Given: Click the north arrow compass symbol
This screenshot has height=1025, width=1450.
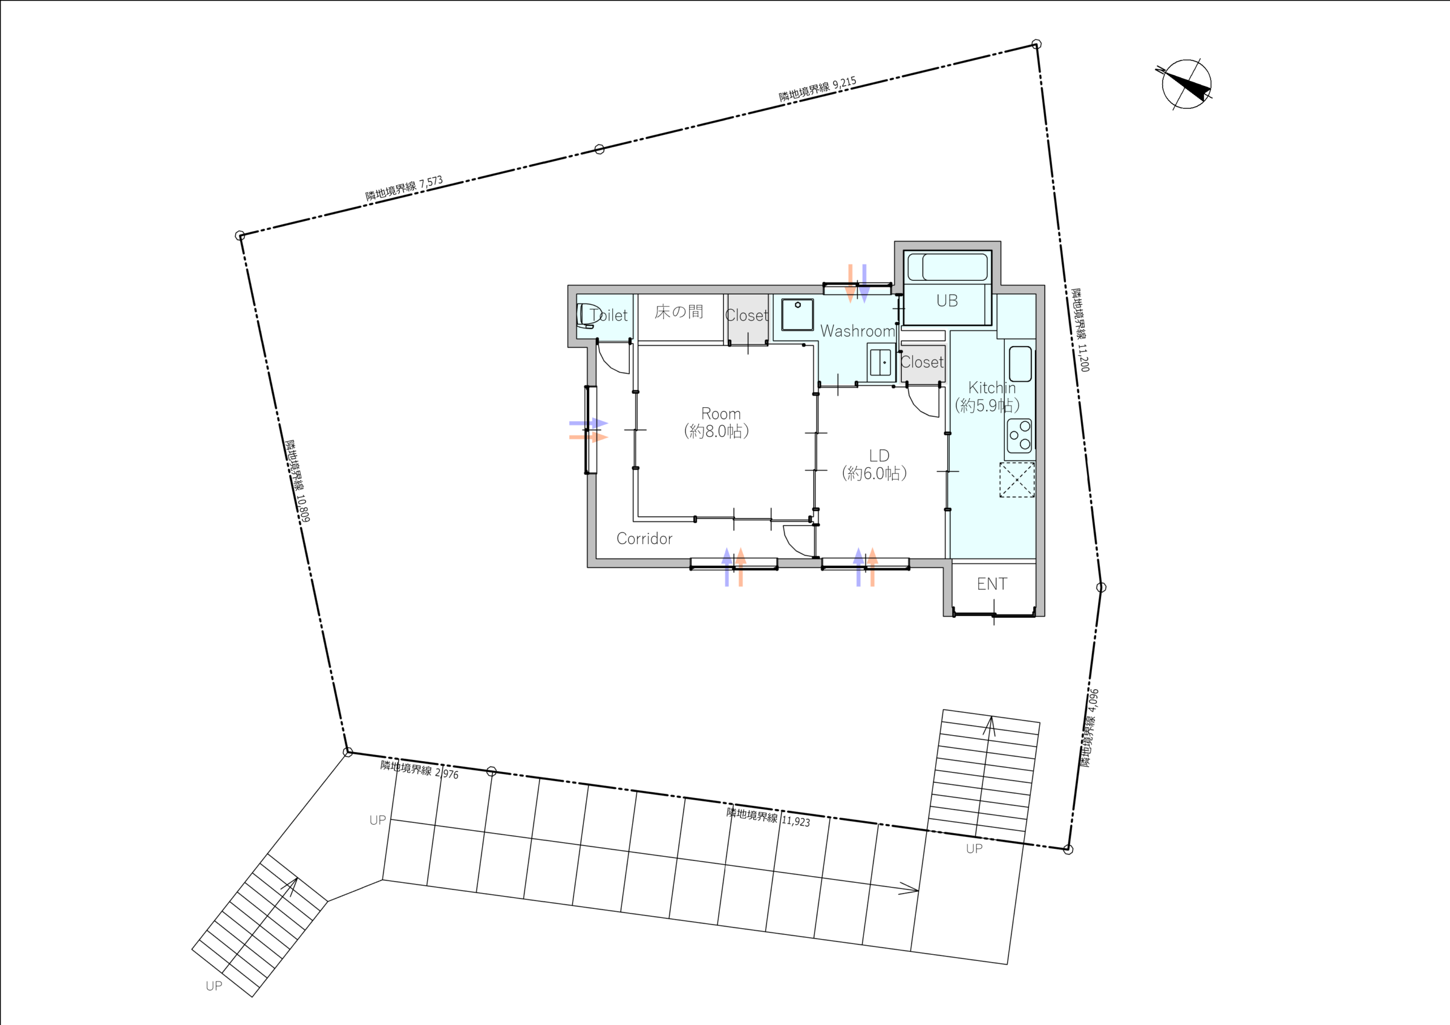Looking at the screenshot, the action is [x=1185, y=84].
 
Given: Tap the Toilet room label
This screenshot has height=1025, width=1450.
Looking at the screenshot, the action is [x=609, y=315].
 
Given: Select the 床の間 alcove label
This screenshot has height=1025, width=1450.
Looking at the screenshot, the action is [x=679, y=311].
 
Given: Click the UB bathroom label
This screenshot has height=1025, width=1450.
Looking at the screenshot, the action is [x=947, y=301].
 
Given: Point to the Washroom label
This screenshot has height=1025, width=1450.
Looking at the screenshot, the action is [x=858, y=331].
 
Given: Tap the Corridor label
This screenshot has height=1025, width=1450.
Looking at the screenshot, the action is [x=644, y=539].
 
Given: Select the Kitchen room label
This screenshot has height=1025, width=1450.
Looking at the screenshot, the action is [x=992, y=388].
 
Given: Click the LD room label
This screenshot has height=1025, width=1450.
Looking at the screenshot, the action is [x=879, y=456].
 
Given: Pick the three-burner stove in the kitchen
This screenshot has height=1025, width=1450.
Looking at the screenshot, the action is [x=1020, y=436].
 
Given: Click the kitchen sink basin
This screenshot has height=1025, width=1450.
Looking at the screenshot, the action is [x=1020, y=364].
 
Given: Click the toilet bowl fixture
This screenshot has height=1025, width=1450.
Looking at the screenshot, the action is [x=588, y=315].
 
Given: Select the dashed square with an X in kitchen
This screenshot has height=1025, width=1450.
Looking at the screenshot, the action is [x=1017, y=479].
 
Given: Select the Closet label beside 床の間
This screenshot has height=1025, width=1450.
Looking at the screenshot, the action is [x=747, y=315].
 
